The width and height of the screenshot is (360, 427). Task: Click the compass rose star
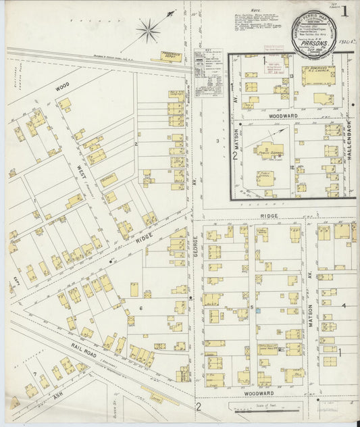148,29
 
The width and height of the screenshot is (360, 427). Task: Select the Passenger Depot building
172,57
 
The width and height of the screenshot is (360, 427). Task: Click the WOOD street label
62,87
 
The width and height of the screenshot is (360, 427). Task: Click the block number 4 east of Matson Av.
344,306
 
